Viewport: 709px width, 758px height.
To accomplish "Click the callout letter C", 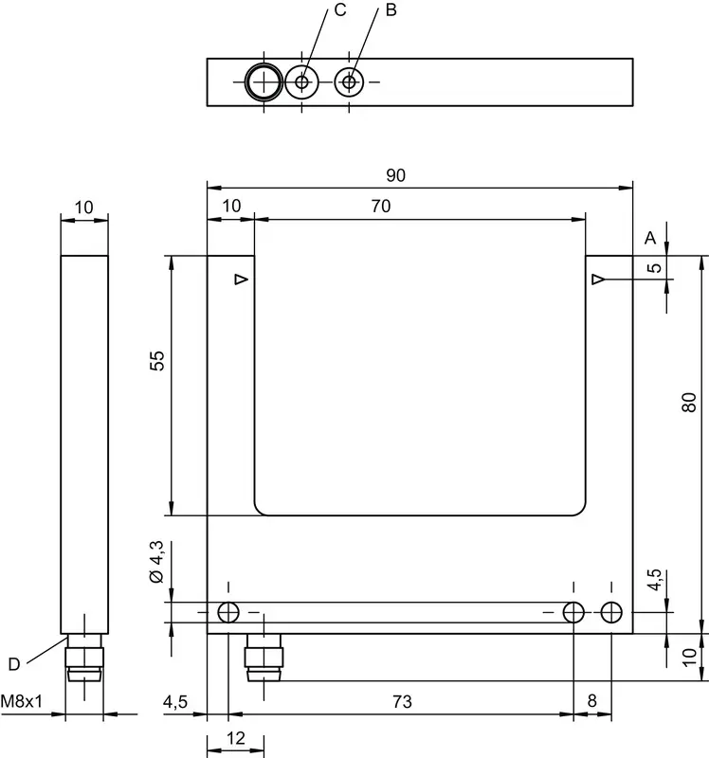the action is click(340, 10).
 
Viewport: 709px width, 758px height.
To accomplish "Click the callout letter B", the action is click(391, 10).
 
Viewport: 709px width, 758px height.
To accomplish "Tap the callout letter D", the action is click(14, 664).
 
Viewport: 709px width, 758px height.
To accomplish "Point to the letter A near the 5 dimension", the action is click(650, 238).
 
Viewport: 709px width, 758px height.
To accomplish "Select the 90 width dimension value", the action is click(395, 175).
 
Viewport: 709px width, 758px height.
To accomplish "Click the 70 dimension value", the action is click(381, 206).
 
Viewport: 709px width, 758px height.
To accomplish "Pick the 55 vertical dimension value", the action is click(156, 361).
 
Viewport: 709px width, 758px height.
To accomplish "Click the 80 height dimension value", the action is click(689, 402).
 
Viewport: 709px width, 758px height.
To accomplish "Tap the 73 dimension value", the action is click(402, 701).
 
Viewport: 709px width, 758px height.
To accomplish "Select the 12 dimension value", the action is click(235, 738).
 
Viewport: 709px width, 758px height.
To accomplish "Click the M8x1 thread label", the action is click(21, 701).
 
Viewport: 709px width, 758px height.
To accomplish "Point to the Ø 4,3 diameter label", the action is click(156, 562).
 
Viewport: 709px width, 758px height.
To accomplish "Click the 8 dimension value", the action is click(592, 701).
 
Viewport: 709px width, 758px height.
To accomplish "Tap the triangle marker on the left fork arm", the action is click(242, 280).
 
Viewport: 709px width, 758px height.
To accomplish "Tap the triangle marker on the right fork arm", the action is click(598, 280).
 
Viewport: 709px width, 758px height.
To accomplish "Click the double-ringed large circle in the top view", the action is click(264, 82).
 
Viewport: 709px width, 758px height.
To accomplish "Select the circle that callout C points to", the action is click(301, 82).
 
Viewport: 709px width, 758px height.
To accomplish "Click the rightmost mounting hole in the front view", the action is click(611, 612).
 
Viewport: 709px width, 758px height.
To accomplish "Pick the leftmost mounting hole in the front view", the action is click(228, 612).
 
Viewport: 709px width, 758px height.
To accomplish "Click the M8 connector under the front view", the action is click(264, 658).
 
